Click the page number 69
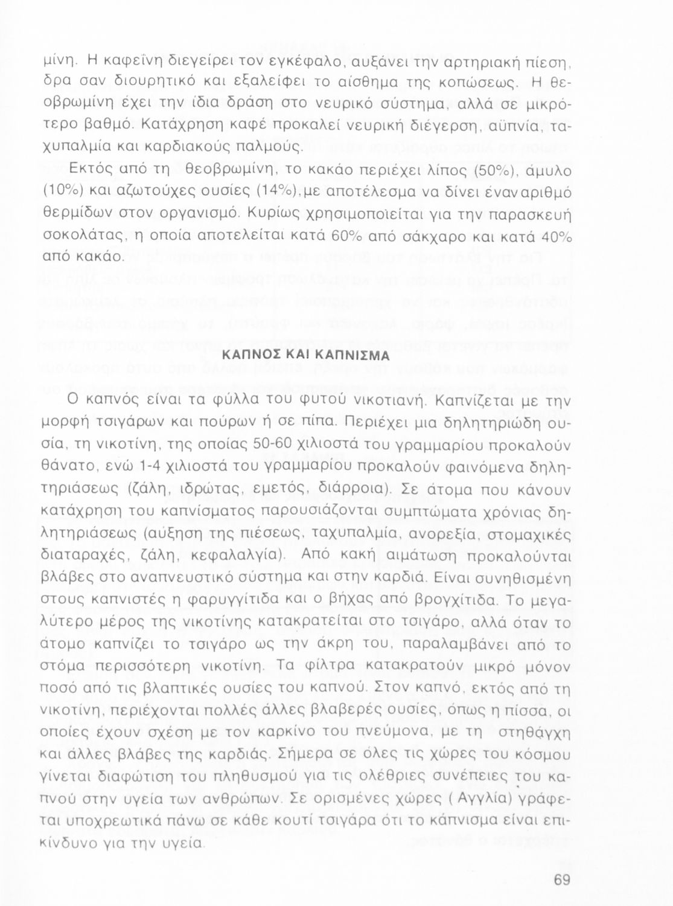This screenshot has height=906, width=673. point(561,880)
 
